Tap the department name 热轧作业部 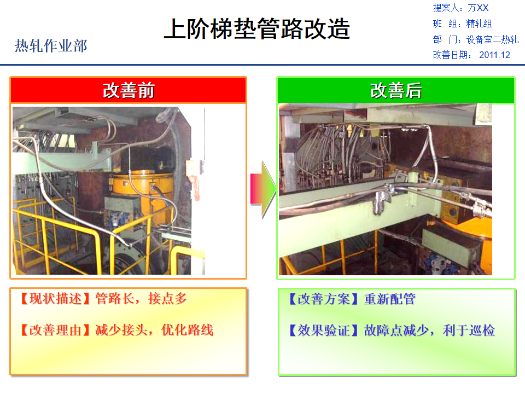pos(51,46)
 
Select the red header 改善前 pos(128,90)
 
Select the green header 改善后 pos(395,90)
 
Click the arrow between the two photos pos(263,189)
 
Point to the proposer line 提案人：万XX pos(460,8)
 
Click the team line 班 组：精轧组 pos(462,24)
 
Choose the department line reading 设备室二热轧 pos(475,39)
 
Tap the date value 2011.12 pos(494,55)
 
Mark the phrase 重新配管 pos(389,299)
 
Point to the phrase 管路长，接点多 pos(141,299)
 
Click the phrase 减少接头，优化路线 pos(154,330)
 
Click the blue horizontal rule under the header pos(262,65)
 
